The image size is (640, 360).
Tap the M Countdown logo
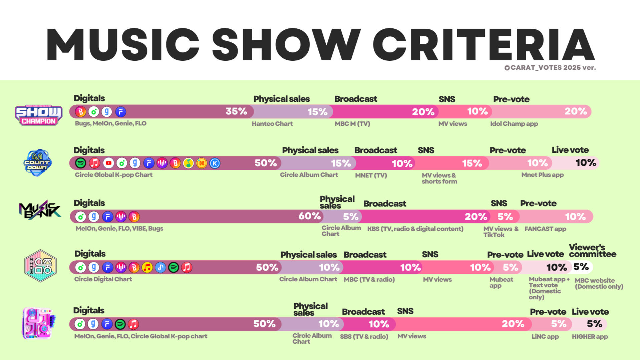[x=37, y=163]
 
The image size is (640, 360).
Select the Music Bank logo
[x=40, y=210]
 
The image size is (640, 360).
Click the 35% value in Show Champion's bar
[x=236, y=111]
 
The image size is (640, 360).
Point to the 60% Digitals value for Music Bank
[x=309, y=216]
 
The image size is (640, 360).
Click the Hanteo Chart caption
[x=272, y=124]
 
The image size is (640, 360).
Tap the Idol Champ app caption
[x=514, y=124]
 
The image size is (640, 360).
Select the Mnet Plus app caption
[x=542, y=175]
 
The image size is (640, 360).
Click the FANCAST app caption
[x=545, y=229]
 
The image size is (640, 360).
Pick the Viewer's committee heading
[x=592, y=251]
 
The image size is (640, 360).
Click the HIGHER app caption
[x=590, y=337]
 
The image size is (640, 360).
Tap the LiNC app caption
[x=545, y=337]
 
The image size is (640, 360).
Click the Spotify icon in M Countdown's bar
[x=81, y=163]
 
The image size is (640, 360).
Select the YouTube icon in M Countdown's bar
[x=108, y=163]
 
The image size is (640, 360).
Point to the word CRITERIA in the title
[x=484, y=45]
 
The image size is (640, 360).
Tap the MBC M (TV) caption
[x=352, y=124]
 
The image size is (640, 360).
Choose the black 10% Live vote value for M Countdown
[x=586, y=163]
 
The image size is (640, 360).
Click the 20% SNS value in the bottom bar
[x=513, y=324]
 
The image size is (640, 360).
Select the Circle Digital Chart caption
[x=103, y=279]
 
